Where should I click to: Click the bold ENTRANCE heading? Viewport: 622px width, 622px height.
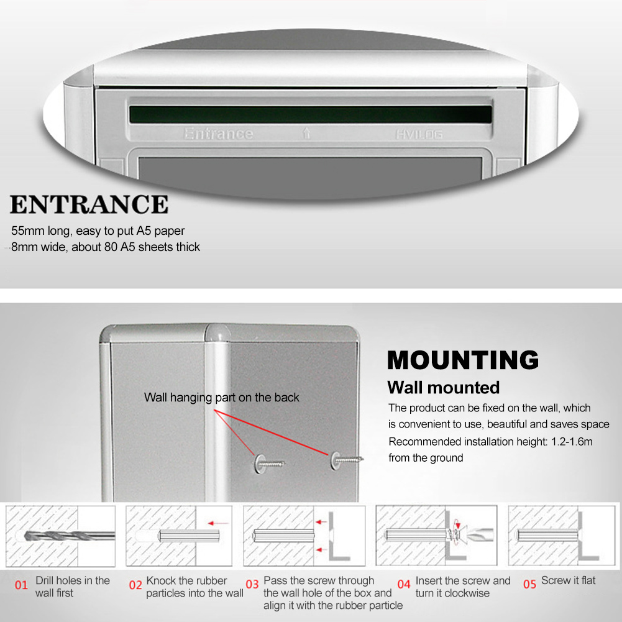coord(89,204)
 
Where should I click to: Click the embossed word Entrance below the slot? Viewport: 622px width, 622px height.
coord(219,134)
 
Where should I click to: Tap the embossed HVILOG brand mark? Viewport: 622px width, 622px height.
coord(419,135)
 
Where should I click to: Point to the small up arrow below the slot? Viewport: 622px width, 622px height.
coord(306,133)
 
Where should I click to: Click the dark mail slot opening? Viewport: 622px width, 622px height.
coord(311,114)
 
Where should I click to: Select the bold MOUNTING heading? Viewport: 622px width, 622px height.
coord(463,360)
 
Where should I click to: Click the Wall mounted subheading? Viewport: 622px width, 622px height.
coord(444,388)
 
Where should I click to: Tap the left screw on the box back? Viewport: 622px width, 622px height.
coord(269,464)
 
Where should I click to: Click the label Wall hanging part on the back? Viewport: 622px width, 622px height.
coord(221,398)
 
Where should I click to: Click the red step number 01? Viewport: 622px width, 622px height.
coord(21,585)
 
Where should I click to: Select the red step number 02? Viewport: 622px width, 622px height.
coord(135,585)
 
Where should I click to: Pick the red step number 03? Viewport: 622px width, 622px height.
coord(252,584)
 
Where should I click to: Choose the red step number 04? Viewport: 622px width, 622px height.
coord(404,584)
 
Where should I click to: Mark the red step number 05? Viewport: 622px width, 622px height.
coord(529,584)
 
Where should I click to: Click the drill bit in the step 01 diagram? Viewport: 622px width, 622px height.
coord(70,536)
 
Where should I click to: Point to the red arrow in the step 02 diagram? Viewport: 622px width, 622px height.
coord(219,523)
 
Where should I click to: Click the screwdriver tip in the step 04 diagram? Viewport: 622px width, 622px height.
coord(480,535)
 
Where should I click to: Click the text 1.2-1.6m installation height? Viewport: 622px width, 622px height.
coord(572,442)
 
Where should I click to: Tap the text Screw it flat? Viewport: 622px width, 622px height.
coord(569,580)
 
